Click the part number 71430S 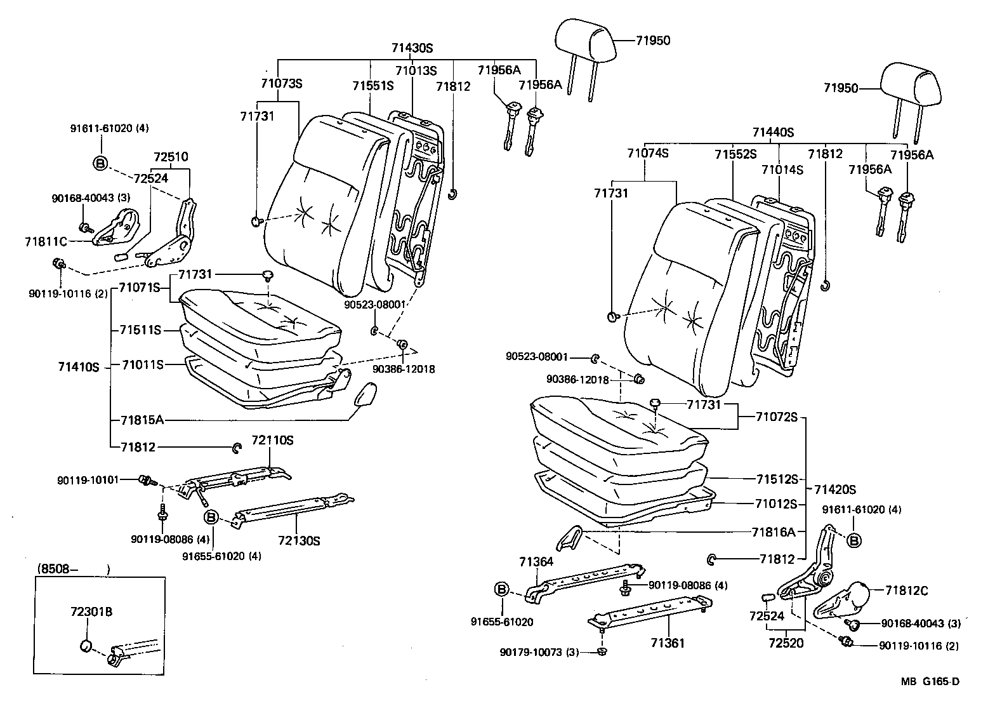coord(411,48)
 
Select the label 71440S coord(773,133)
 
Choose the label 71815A coord(142,420)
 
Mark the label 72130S coord(298,541)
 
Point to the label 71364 coord(536,561)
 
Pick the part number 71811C coord(46,241)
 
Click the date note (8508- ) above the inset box coord(73,568)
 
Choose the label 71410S coord(79,367)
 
